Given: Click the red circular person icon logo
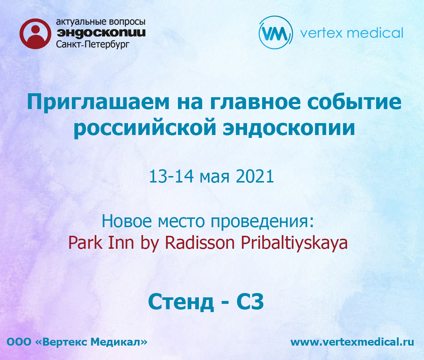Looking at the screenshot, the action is (36, 34).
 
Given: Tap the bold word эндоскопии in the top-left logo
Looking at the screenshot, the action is (101, 33).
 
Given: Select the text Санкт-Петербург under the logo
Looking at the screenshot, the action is (93, 44).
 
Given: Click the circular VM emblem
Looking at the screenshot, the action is (275, 32).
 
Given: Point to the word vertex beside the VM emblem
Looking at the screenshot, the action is (322, 33).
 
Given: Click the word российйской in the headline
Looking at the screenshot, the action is (145, 128).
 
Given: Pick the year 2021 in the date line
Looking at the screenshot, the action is (255, 176).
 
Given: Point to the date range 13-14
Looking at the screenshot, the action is (172, 176).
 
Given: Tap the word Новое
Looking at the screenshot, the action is (127, 221).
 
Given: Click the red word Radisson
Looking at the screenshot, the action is (200, 243).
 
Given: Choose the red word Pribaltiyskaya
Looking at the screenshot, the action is (294, 243).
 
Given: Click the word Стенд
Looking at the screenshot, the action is (181, 302).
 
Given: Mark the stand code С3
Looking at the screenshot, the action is (250, 302).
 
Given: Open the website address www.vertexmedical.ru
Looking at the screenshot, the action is (352, 342).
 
